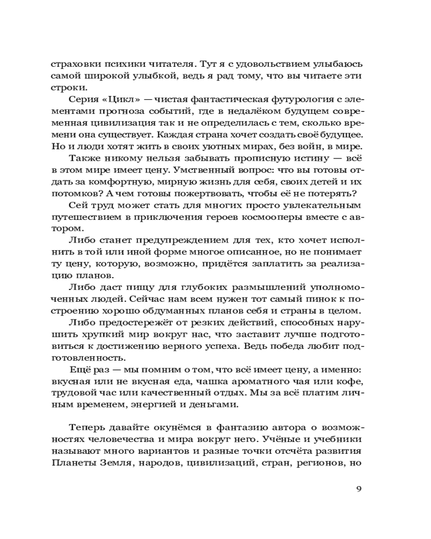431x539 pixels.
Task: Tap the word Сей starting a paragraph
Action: tap(77, 205)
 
